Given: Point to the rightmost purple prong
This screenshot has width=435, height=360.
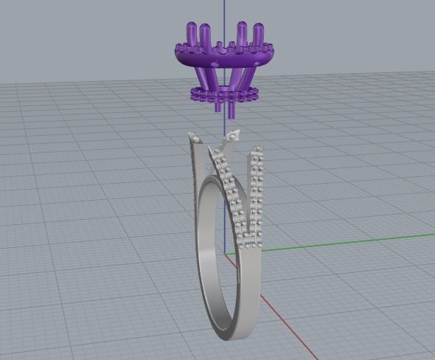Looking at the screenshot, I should [258, 30].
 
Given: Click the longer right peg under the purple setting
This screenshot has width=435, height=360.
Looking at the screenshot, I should [232, 108].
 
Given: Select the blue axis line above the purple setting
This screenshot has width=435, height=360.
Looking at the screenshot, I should [223, 11].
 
